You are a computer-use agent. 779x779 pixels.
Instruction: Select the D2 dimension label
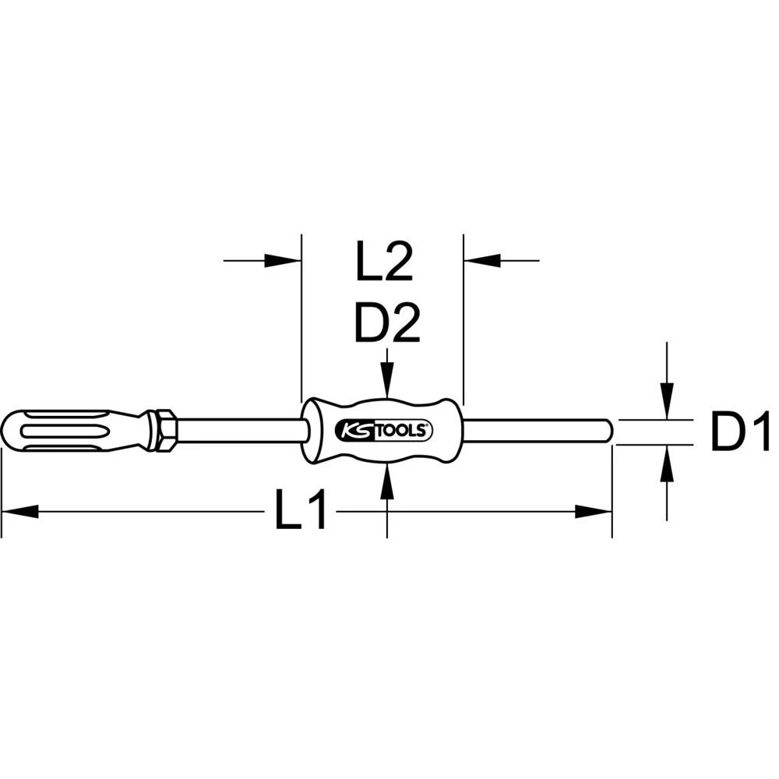pos(387,323)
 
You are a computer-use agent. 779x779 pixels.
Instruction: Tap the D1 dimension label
pos(740,433)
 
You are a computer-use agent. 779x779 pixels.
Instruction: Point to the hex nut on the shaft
pos(165,430)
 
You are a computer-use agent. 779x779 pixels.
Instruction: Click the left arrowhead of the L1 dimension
pos(19,512)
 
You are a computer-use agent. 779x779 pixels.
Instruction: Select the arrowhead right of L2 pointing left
pos(481,261)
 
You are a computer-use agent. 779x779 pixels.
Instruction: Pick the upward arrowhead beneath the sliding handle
pos(387,478)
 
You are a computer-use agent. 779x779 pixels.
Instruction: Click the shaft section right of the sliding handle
pos(538,430)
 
